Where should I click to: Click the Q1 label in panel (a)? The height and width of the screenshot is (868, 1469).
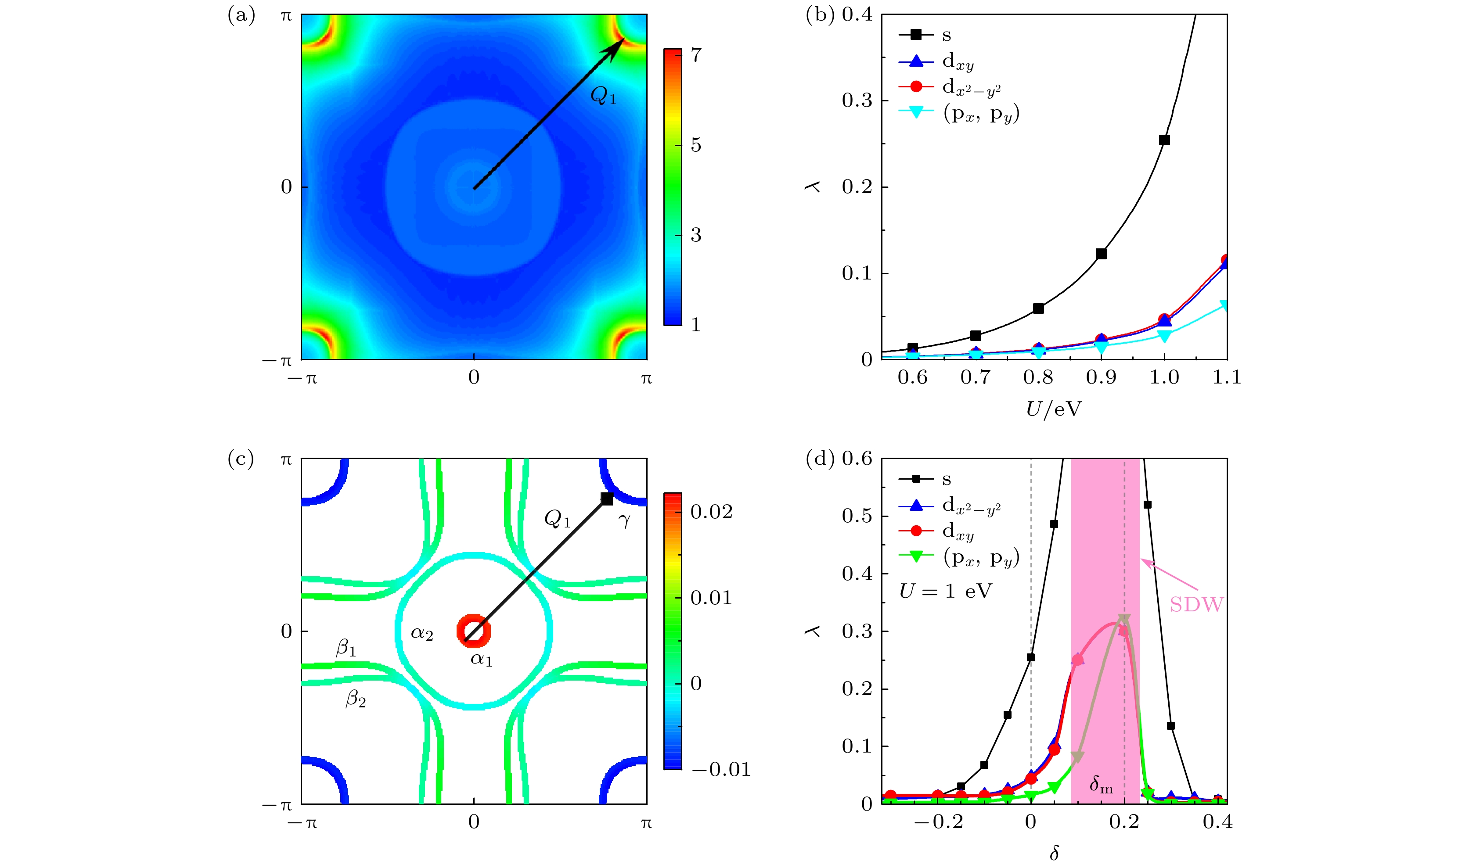[x=603, y=95]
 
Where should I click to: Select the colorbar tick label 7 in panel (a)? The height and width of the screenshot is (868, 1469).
[x=695, y=55]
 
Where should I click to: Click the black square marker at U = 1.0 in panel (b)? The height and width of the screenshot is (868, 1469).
[x=1164, y=140]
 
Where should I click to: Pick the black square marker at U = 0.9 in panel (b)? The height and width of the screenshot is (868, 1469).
[x=1101, y=253]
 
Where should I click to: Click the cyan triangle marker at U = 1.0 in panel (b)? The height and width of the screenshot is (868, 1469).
[x=1164, y=336]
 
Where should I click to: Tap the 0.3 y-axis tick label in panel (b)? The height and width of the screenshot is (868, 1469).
[x=857, y=100]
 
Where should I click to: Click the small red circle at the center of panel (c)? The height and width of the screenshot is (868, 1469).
[x=473, y=631]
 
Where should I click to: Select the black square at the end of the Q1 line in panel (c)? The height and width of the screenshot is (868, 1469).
[x=607, y=499]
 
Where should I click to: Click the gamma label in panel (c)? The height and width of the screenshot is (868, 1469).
[x=624, y=520]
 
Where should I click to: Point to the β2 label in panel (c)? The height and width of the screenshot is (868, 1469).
[x=356, y=698]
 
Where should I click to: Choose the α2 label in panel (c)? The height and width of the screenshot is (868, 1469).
[x=422, y=634]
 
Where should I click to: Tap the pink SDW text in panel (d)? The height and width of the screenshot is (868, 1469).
[x=1196, y=604]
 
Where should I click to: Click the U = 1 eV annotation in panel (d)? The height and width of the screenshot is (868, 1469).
[x=945, y=592]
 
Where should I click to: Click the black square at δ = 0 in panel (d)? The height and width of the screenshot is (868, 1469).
[x=1031, y=657]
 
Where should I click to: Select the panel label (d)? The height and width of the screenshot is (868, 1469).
[x=820, y=459]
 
